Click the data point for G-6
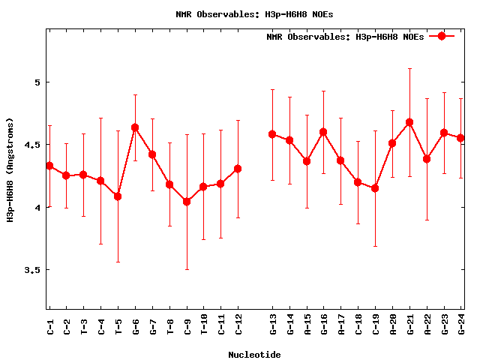(135, 127)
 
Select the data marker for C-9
(187, 202)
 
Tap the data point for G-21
(409, 122)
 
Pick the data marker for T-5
(118, 196)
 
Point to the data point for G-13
(272, 134)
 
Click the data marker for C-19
(375, 188)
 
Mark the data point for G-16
(323, 132)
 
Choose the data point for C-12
(238, 169)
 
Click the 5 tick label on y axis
(37, 82)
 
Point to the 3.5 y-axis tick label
(32, 270)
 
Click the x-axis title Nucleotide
(254, 355)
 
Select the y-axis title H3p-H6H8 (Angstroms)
(10, 169)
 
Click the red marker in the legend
(442, 36)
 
